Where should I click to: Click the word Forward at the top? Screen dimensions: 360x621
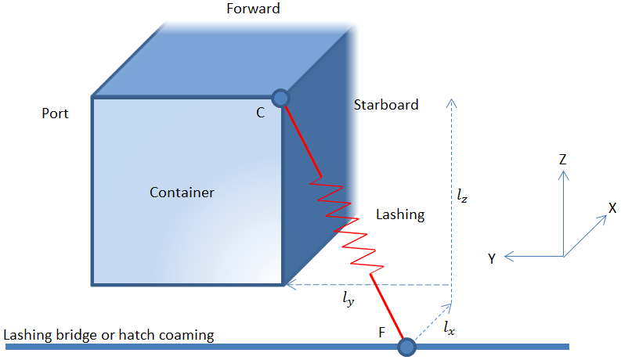(252, 9)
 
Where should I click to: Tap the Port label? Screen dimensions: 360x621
(55, 113)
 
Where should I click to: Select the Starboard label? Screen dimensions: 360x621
(385, 105)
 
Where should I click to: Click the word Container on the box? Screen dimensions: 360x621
(182, 192)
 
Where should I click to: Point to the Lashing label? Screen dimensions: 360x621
(400, 214)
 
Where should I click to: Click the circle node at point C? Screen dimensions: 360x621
(280, 98)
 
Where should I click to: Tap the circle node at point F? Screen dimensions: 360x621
(406, 345)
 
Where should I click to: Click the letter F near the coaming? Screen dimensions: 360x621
(381, 332)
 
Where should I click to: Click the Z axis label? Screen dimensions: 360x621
(562, 160)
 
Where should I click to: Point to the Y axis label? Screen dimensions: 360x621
(491, 259)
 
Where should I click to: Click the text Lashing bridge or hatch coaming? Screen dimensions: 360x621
(109, 335)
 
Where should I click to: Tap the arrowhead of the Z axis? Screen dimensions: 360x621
(563, 175)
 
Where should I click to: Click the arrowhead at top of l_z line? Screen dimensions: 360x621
(451, 103)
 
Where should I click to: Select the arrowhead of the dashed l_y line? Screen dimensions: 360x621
(288, 285)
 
